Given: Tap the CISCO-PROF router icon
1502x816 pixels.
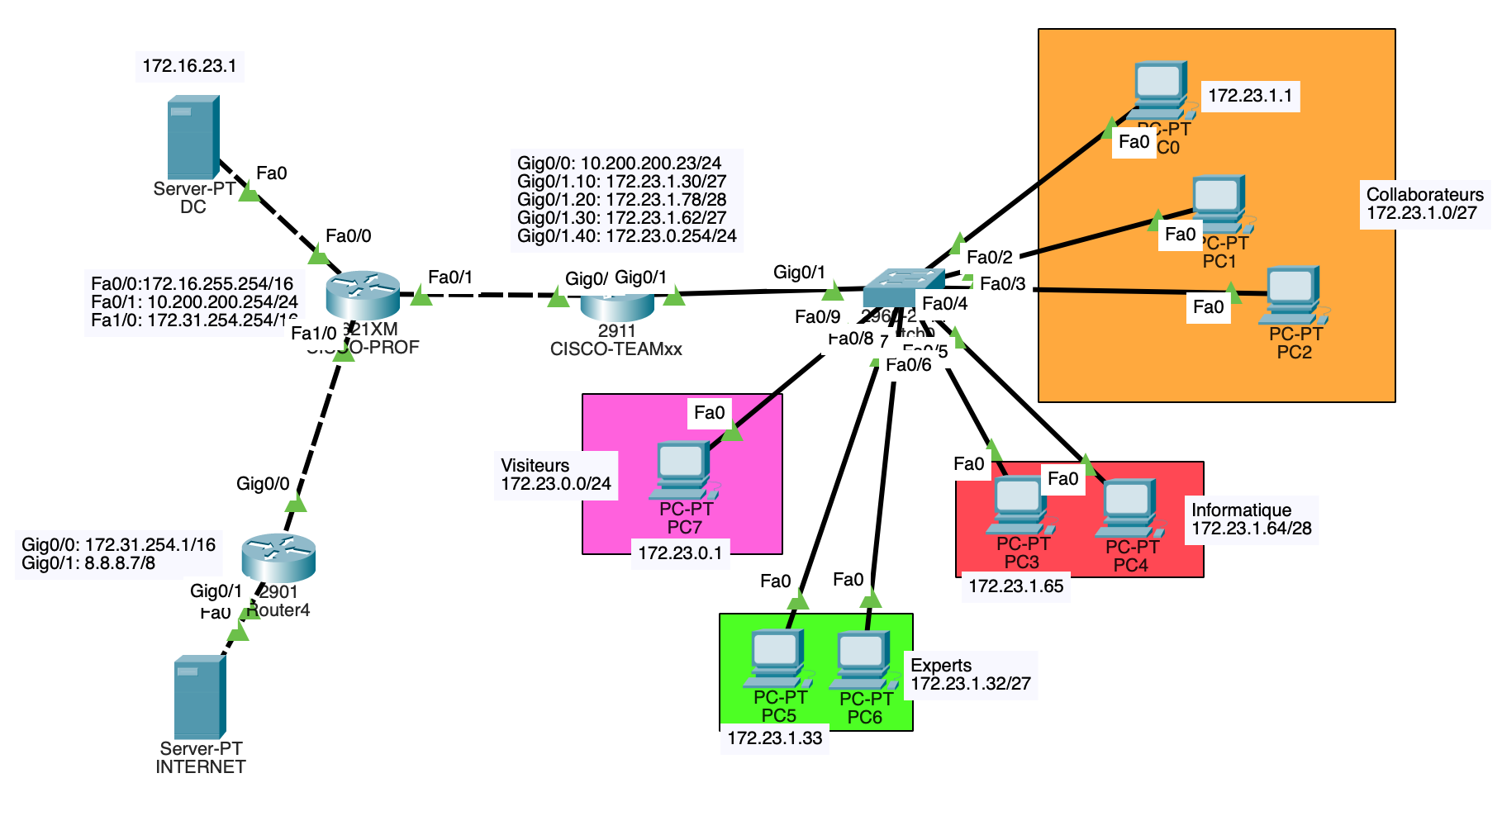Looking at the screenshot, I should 362,295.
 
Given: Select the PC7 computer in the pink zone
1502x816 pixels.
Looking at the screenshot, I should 684,470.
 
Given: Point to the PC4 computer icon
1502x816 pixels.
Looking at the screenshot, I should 1130,509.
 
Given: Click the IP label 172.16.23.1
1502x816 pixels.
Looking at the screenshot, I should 189,66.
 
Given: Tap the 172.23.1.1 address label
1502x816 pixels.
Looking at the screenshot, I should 1250,96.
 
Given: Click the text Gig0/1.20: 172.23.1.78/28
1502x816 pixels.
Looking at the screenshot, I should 621,200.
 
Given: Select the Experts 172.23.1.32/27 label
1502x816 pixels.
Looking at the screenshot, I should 970,675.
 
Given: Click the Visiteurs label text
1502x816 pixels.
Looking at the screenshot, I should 535,466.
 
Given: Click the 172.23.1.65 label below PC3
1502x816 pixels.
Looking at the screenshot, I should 1015,586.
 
